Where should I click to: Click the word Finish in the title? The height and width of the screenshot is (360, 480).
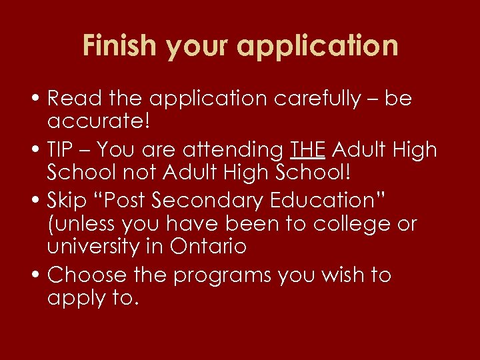coord(121,46)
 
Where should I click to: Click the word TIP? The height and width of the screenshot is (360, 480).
coord(64,150)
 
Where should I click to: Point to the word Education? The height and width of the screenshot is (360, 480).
coord(337,201)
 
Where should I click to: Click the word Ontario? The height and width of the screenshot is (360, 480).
coord(208,246)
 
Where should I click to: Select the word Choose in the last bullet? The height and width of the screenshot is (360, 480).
coord(87,275)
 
